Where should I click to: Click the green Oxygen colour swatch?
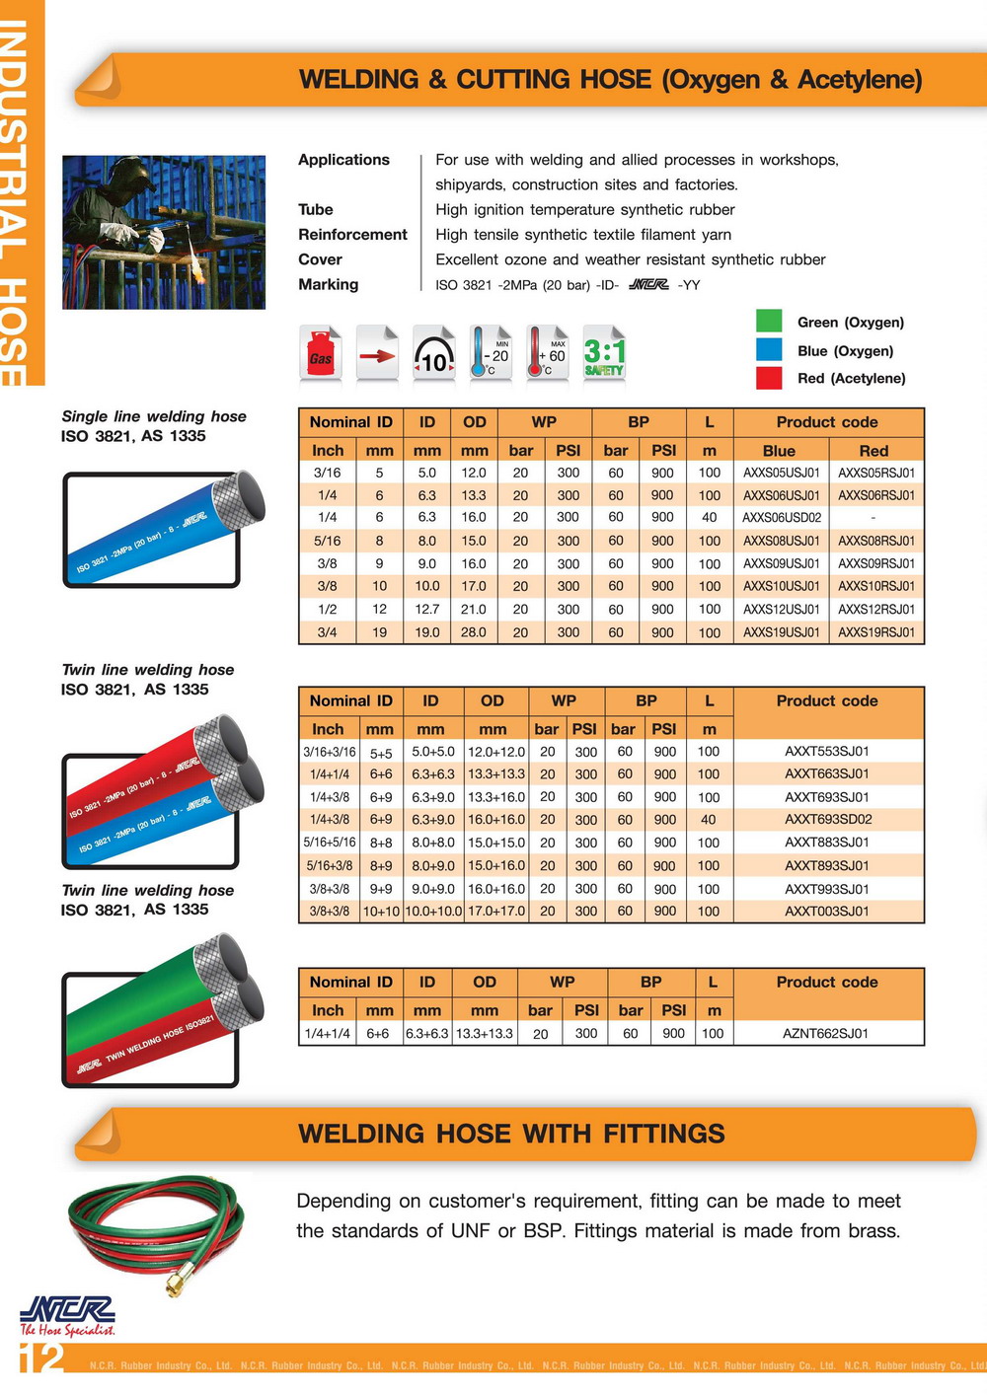[x=769, y=322]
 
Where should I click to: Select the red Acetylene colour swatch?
[x=769, y=378]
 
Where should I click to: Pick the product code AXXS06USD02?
[x=782, y=518]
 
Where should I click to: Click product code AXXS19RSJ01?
[x=876, y=632]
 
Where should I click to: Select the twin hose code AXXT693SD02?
[x=827, y=820]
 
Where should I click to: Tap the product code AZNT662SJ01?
[x=826, y=1034]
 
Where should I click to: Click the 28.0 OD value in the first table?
[x=474, y=632]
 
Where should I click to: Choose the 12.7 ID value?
[x=427, y=610]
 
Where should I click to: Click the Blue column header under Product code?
[x=779, y=451]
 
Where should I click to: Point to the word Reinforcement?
[x=352, y=235]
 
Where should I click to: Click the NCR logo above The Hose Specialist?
[x=67, y=1310]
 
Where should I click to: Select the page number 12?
[x=41, y=1358]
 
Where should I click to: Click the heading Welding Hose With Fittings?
[x=511, y=1135]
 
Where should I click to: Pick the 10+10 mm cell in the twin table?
[x=381, y=912]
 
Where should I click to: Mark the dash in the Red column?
[x=873, y=518]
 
